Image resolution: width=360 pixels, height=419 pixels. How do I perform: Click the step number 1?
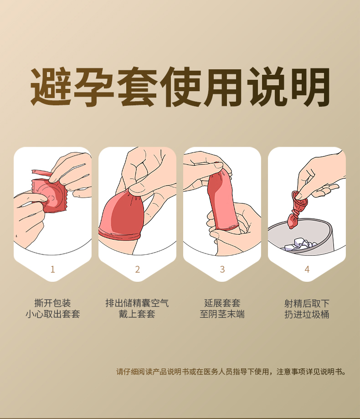(52, 269)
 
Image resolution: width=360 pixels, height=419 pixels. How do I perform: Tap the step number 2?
(138, 269)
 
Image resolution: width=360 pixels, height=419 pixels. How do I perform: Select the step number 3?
(222, 269)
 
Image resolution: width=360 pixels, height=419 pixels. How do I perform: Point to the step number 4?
(307, 269)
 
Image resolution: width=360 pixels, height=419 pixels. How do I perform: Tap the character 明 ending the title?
(310, 87)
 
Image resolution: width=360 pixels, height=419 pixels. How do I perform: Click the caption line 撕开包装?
(52, 303)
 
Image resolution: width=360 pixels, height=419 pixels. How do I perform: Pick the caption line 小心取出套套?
(52, 314)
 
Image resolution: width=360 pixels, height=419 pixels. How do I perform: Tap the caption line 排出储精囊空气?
(137, 303)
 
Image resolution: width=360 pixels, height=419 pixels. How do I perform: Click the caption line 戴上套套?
(137, 314)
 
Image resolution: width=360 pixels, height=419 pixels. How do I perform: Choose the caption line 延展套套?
(222, 303)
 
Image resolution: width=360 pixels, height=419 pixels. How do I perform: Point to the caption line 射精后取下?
(307, 303)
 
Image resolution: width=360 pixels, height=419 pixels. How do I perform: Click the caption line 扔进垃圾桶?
(307, 314)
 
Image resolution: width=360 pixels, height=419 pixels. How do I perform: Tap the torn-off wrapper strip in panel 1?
(42, 173)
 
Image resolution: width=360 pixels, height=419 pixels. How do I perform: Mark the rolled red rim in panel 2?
(119, 234)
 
